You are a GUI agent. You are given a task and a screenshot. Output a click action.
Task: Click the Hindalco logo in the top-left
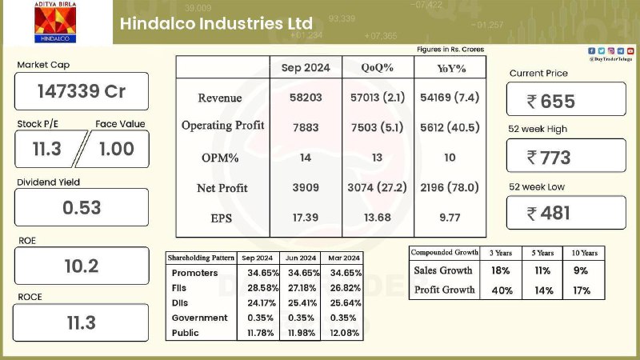click(x=55, y=22)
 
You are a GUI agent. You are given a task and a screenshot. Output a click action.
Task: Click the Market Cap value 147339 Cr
click(x=82, y=91)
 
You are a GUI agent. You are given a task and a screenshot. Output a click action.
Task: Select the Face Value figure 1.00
click(x=117, y=149)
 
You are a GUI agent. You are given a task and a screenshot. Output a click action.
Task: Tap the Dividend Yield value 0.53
click(x=82, y=208)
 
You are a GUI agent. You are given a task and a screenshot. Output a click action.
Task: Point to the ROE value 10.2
click(x=82, y=266)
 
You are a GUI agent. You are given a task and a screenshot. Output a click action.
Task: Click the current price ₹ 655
click(x=551, y=102)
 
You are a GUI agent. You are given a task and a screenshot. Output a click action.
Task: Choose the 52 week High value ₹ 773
click(x=549, y=158)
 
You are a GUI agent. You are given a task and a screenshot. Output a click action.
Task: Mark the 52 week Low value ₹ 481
click(x=548, y=213)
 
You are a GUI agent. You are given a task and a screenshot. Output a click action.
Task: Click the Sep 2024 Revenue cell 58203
click(x=306, y=98)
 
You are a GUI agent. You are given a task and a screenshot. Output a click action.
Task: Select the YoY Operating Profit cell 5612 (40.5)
click(x=450, y=127)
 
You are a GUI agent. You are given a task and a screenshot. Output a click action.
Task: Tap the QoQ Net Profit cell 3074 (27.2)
click(x=377, y=187)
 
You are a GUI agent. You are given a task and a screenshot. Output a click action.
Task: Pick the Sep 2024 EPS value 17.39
click(x=306, y=218)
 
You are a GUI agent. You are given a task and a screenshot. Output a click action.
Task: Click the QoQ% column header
click(x=377, y=68)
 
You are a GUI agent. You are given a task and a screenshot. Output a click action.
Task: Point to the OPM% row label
click(x=220, y=158)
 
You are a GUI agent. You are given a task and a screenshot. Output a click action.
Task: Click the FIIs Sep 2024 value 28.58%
click(x=263, y=288)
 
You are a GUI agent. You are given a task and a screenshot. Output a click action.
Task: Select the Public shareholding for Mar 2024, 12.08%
click(x=345, y=333)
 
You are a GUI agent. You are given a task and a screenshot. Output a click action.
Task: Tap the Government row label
click(x=199, y=318)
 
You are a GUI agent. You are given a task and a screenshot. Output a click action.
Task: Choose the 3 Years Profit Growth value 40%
click(x=502, y=290)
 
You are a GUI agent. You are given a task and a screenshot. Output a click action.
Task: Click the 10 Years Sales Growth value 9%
click(x=581, y=270)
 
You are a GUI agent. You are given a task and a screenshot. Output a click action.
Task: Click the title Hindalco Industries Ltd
click(x=216, y=23)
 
